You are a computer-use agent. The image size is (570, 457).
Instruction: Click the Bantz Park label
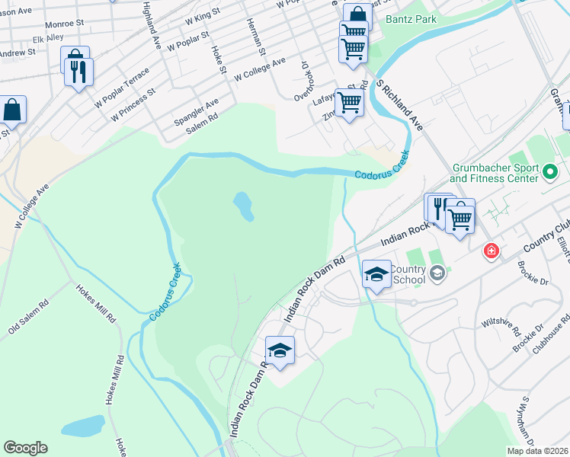pyautogui.click(x=411, y=19)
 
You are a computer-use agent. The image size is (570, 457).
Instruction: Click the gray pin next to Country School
pyautogui.click(x=437, y=273)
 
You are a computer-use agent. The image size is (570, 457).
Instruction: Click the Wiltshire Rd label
pyautogui.click(x=501, y=328)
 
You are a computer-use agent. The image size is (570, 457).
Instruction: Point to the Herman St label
pyautogui.click(x=255, y=37)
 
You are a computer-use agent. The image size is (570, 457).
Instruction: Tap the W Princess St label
pyautogui.click(x=133, y=104)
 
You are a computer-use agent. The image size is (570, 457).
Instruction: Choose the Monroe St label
pyautogui.click(x=64, y=24)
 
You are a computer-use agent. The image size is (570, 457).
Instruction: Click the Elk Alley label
pyautogui.click(x=48, y=37)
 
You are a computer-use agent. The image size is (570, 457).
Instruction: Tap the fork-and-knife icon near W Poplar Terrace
pyautogui.click(x=78, y=72)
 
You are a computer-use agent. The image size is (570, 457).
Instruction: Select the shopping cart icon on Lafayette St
pyautogui.click(x=350, y=101)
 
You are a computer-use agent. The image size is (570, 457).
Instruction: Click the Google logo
pyautogui.click(x=25, y=448)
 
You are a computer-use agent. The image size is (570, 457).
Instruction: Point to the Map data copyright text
pyautogui.click(x=537, y=451)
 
